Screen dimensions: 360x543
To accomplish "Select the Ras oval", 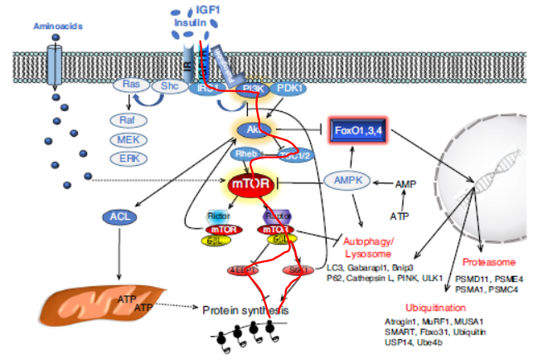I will (x=131, y=85).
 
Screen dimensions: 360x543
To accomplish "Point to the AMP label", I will (x=405, y=183).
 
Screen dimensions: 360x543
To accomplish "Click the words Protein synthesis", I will (x=246, y=309).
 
